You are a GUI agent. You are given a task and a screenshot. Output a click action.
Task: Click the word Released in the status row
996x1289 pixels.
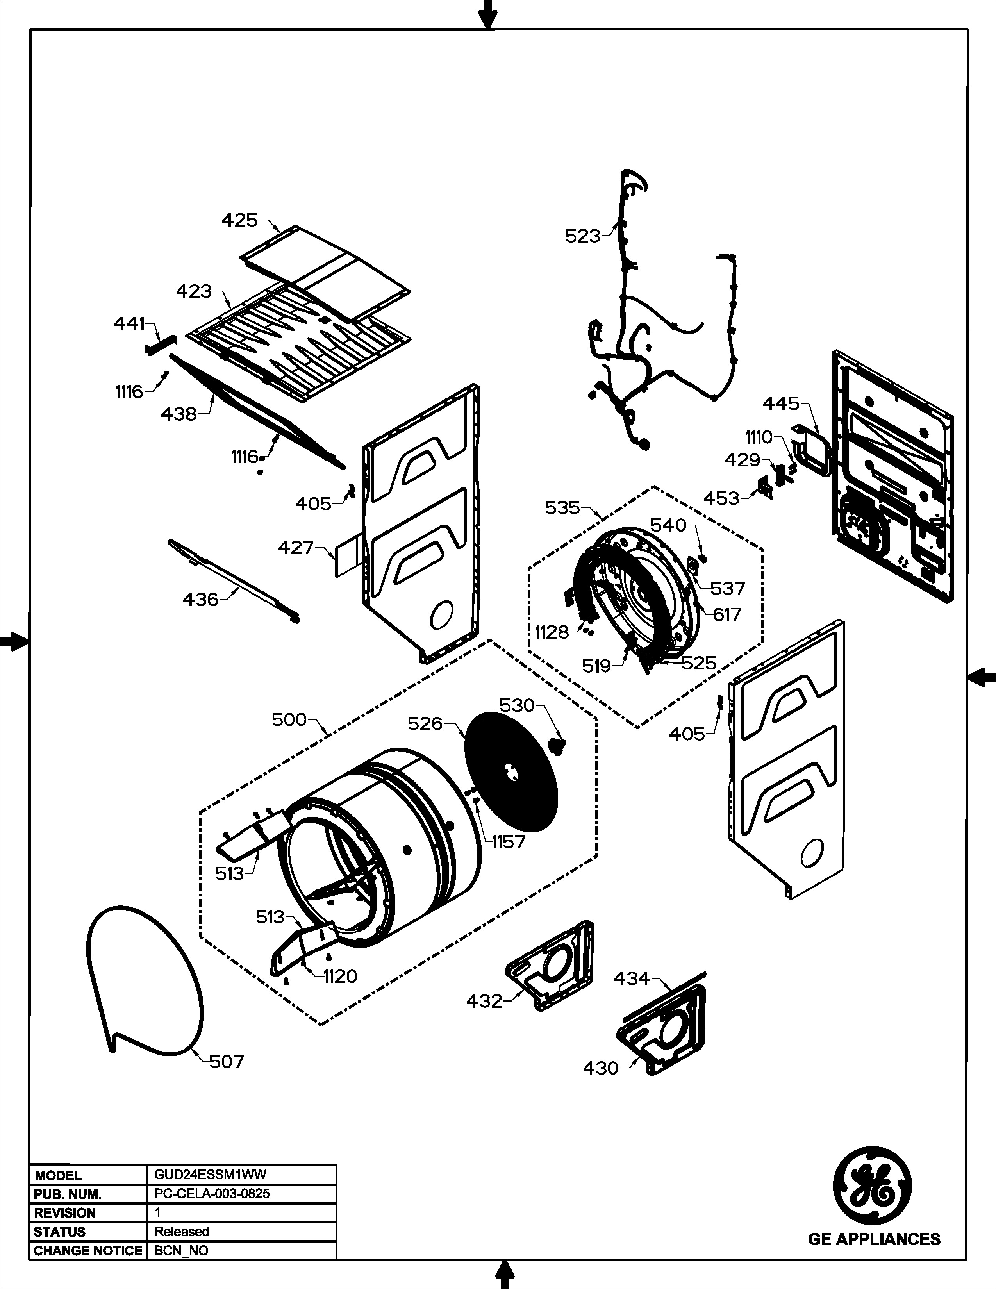click(x=181, y=1231)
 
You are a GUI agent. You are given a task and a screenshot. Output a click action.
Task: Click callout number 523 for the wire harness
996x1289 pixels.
click(x=582, y=236)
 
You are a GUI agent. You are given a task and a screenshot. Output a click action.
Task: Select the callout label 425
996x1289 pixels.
click(x=239, y=220)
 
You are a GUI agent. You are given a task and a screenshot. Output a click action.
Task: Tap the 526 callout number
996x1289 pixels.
click(x=425, y=723)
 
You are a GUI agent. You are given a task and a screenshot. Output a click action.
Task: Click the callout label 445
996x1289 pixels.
click(x=781, y=404)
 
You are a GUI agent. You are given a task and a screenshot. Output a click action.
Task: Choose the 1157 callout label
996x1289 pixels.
click(x=508, y=842)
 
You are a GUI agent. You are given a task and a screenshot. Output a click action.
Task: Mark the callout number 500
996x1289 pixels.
click(x=289, y=719)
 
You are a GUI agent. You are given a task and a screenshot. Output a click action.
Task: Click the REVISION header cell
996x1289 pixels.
click(x=65, y=1212)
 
